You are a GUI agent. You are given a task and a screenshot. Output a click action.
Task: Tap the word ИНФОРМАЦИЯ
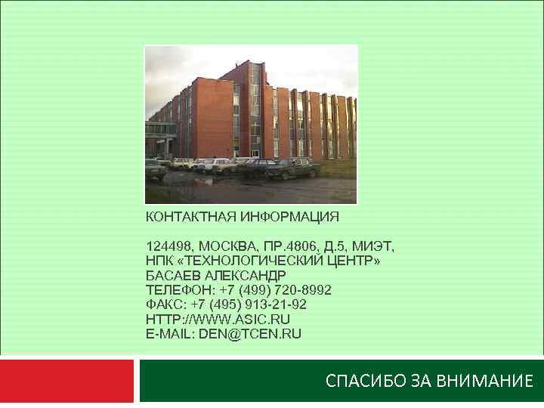point(290,217)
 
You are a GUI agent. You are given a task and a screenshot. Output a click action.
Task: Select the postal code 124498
point(170,246)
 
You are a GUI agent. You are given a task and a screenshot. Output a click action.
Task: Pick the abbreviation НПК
point(159,261)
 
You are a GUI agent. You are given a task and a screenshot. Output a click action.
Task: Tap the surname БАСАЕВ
point(171,275)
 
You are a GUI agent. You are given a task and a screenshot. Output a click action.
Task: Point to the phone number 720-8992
point(305,289)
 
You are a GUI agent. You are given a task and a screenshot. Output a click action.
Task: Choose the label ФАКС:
point(166,304)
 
